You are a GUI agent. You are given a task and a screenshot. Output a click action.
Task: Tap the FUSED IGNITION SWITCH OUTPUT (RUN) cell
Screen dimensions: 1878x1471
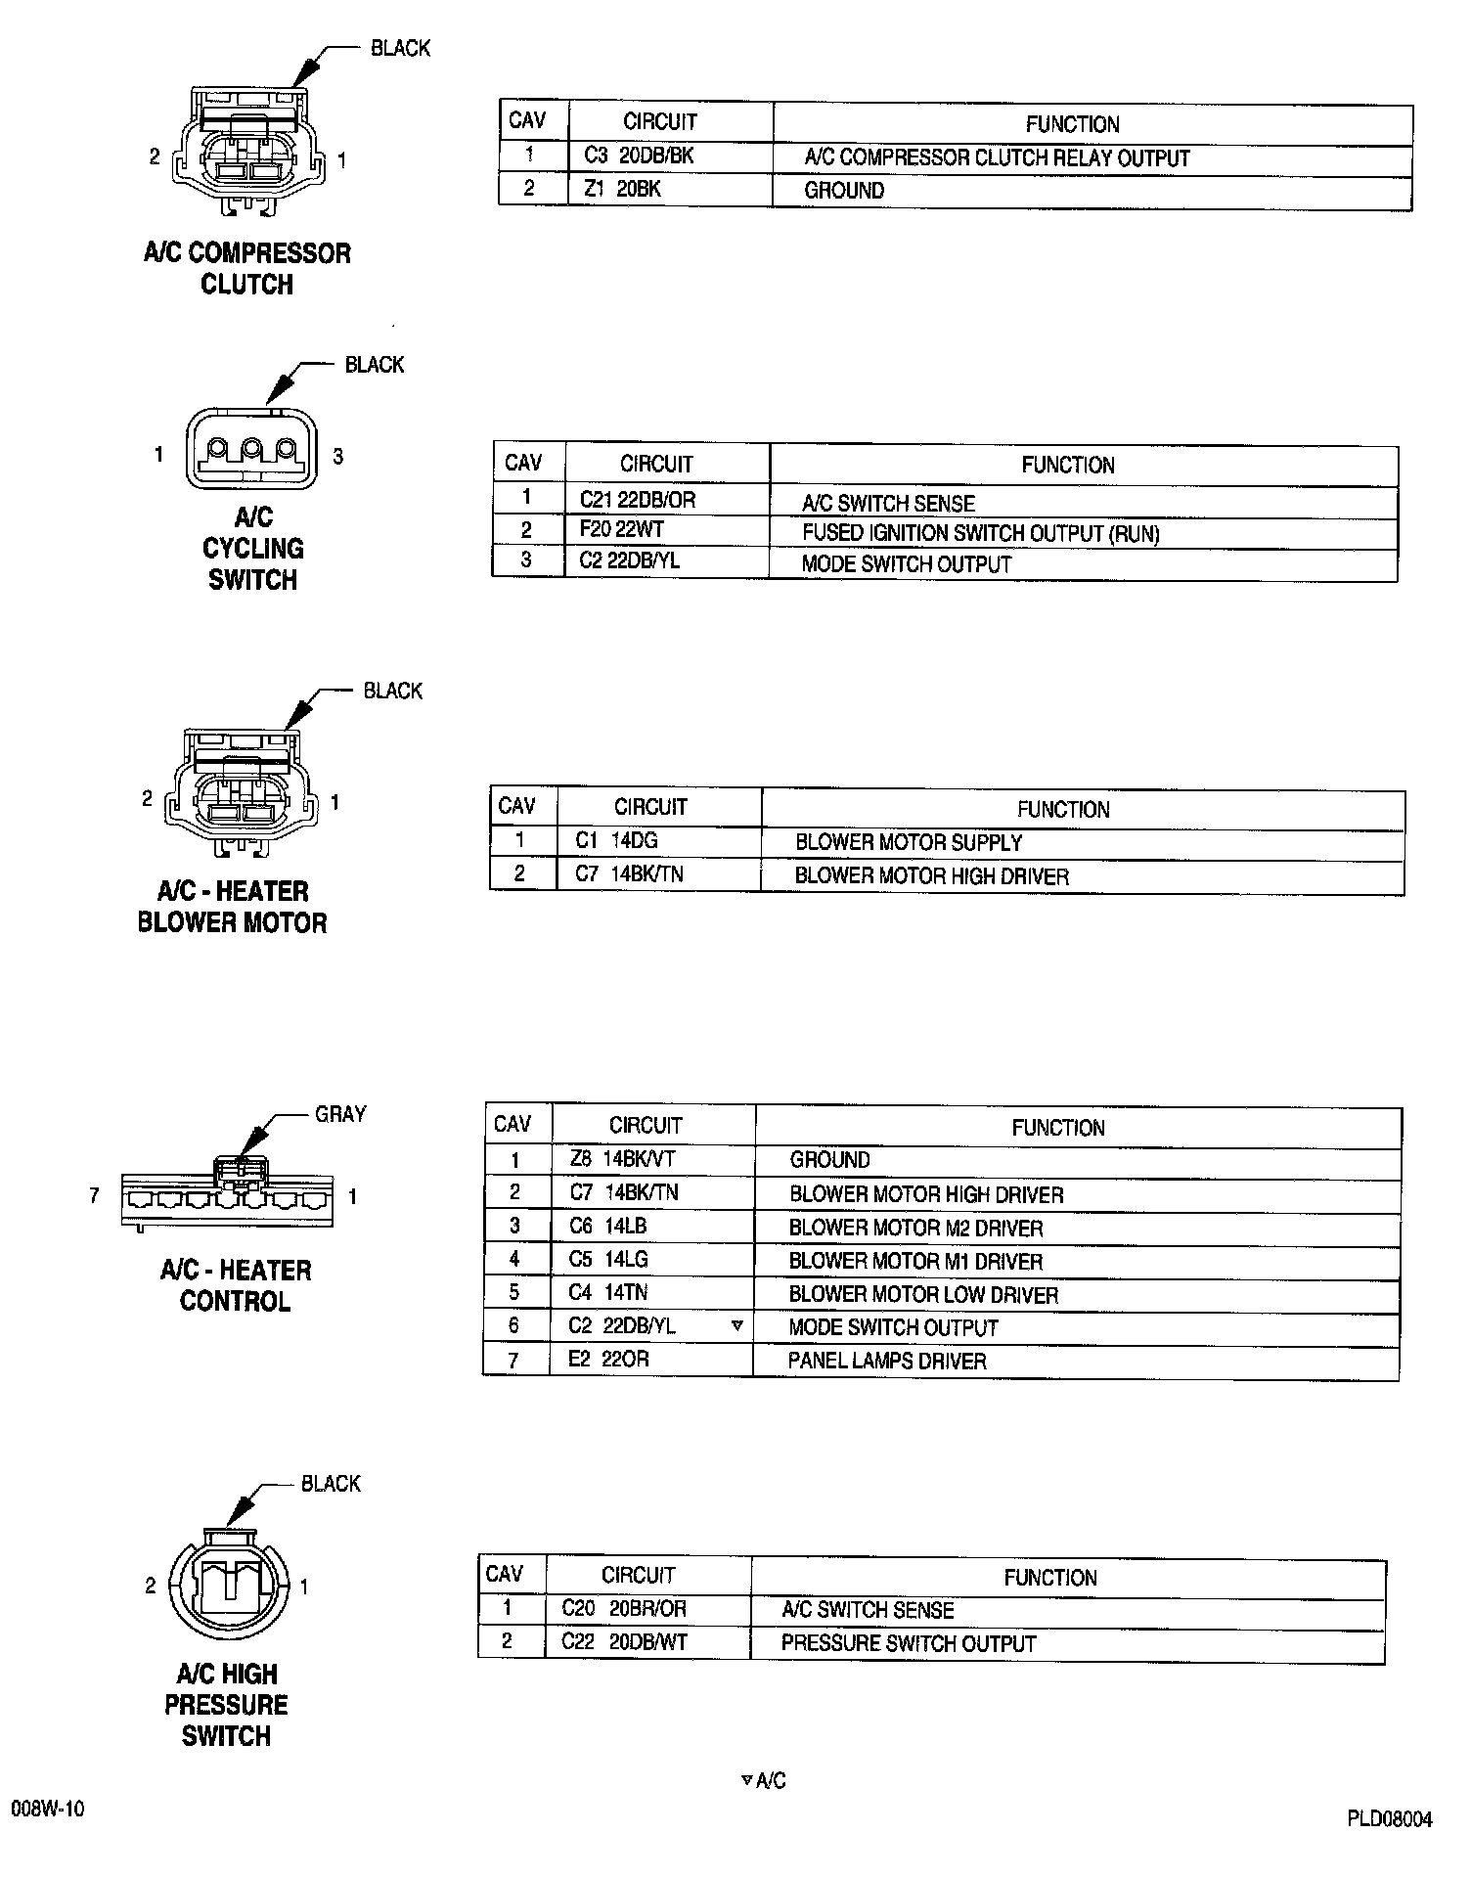tap(980, 534)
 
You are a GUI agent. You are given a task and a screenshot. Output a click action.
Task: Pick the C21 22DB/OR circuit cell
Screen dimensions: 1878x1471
tap(637, 501)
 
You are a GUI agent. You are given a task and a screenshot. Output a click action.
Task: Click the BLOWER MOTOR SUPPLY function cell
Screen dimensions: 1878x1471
tap(908, 842)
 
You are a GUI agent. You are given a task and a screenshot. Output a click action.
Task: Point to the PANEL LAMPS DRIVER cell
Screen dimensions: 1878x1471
tap(886, 1361)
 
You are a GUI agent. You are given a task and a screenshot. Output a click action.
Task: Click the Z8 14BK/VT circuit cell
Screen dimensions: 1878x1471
tap(622, 1159)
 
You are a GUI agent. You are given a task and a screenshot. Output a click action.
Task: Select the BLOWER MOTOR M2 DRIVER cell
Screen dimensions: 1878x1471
tap(915, 1228)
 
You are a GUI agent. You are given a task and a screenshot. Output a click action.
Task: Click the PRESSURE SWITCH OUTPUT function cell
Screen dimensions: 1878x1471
tap(908, 1643)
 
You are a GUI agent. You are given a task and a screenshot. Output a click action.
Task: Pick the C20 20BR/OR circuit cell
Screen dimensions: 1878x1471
tap(624, 1608)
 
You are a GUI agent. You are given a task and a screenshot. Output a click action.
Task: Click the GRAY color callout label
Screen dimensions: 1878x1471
tap(340, 1114)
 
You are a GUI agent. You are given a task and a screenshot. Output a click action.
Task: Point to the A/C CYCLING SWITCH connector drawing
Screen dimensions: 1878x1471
tap(251, 450)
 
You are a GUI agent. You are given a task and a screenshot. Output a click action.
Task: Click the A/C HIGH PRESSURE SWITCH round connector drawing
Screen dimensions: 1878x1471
tap(229, 1585)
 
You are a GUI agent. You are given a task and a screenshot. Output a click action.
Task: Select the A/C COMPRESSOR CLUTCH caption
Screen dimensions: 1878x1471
tap(246, 269)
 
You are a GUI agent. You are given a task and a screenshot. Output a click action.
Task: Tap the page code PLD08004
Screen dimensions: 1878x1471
tap(1389, 1819)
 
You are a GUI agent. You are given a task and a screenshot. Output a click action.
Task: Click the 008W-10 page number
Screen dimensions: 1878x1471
tap(48, 1809)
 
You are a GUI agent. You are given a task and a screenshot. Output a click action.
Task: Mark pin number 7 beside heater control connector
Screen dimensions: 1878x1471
tap(94, 1195)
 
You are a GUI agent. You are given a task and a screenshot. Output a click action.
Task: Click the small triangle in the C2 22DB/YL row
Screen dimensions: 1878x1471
tap(736, 1326)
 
